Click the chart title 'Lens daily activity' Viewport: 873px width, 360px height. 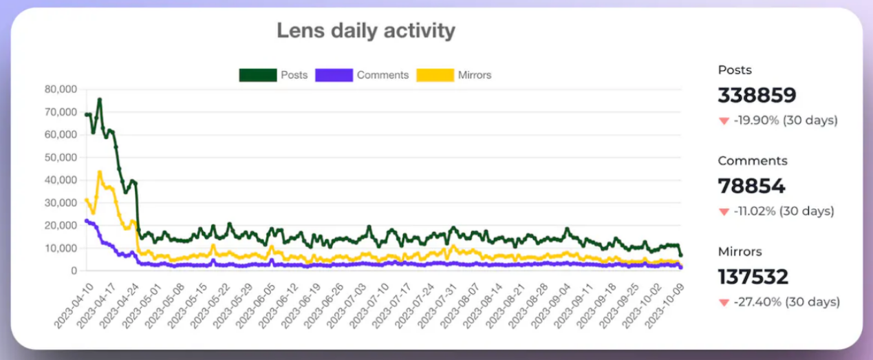click(x=365, y=31)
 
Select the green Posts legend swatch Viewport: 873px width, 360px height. click(x=257, y=75)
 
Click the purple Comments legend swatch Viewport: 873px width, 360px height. click(x=334, y=75)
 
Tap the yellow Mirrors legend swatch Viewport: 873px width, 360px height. click(x=435, y=75)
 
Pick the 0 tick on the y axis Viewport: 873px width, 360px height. click(x=72, y=271)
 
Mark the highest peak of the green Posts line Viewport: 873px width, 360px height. click(x=100, y=99)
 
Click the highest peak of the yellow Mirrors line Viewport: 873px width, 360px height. click(x=100, y=172)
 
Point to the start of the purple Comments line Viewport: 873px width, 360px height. click(x=86, y=220)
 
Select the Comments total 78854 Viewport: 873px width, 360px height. click(x=751, y=187)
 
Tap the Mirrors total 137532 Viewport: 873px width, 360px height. click(x=753, y=277)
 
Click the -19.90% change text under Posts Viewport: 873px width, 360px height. click(x=785, y=120)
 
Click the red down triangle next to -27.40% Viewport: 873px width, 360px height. click(x=723, y=302)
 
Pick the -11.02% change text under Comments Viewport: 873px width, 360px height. click(x=784, y=211)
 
